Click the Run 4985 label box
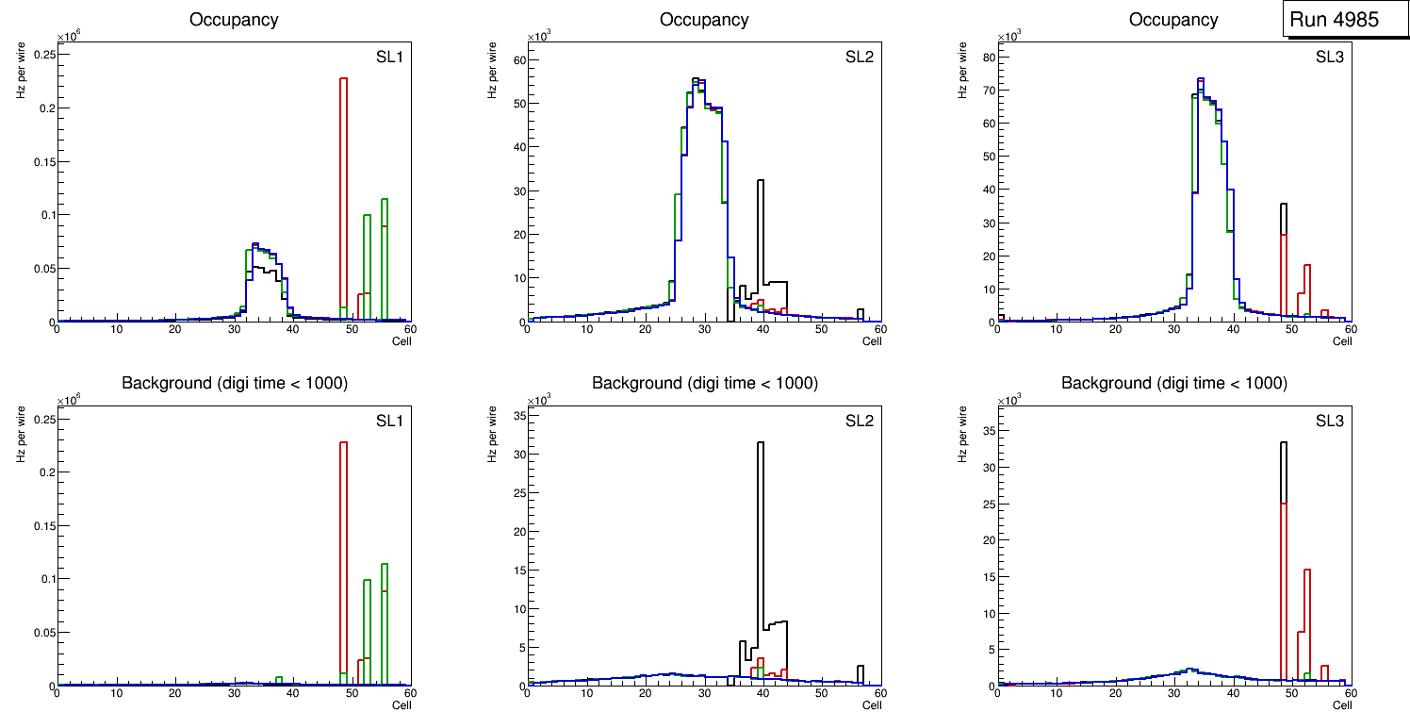(1344, 20)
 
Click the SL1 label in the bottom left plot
(389, 421)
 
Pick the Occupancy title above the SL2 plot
(704, 20)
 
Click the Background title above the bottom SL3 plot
(1173, 383)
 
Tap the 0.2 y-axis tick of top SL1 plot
(44, 108)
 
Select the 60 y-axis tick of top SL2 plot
(517, 60)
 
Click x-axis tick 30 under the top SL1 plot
(234, 329)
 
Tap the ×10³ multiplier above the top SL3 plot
(1008, 37)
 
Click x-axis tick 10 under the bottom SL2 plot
(585, 693)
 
